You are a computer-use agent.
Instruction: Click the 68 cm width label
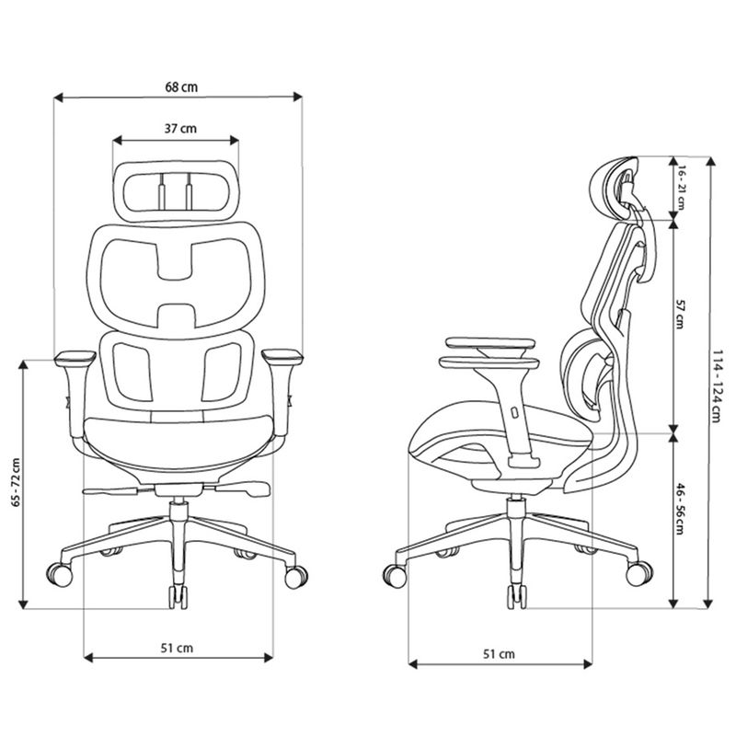pos(181,87)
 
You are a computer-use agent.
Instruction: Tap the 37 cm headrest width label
pos(180,129)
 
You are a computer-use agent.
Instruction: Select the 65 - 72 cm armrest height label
pos(16,482)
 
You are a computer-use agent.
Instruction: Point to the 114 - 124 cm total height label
pos(717,385)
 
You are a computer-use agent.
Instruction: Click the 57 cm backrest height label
pos(680,314)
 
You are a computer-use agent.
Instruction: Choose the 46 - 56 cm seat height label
pos(680,509)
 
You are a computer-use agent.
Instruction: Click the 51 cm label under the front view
pos(177,649)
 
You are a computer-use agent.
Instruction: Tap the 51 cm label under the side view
pos(499,654)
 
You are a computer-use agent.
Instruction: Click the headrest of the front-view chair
pos(176,191)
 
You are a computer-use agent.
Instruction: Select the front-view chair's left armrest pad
pos(75,358)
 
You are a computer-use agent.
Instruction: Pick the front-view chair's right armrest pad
pos(282,357)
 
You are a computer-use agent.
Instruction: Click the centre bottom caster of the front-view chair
pos(178,596)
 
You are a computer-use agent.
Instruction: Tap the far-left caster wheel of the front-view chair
pos(60,574)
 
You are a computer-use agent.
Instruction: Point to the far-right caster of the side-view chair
pos(638,573)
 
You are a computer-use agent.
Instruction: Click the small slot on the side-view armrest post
pos(515,413)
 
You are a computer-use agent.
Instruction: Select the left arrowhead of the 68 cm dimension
pos(58,98)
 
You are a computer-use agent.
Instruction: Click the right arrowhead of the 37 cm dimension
pos(235,140)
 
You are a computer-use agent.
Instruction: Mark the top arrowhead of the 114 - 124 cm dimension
pos(710,161)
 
